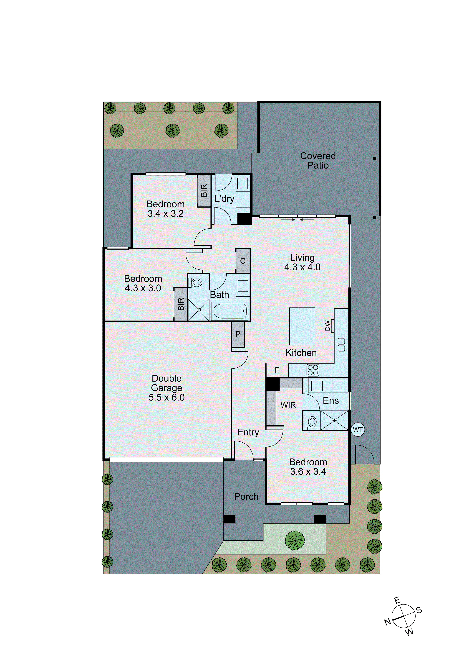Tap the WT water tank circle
point(358,430)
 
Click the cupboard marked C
point(243,261)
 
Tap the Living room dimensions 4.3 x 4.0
point(302,267)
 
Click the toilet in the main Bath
point(197,282)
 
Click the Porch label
point(246,497)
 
